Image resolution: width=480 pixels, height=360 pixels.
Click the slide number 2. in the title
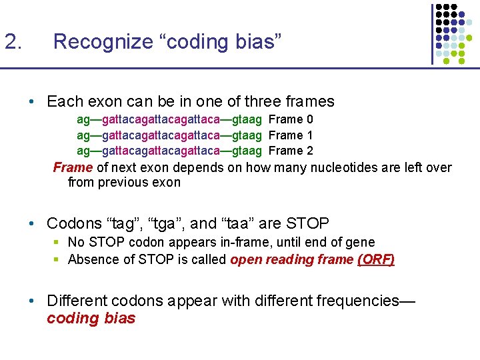(13, 42)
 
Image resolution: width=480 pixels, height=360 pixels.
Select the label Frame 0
(291, 119)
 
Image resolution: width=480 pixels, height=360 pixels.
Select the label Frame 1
(291, 135)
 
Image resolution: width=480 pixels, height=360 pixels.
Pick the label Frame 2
(291, 151)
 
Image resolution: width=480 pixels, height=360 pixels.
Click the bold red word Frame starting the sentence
(73, 167)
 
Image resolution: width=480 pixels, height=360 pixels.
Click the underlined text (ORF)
(376, 259)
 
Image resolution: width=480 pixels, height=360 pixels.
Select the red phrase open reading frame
(291, 259)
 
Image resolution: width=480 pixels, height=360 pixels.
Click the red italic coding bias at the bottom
(91, 318)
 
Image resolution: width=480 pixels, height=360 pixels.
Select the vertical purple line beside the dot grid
(432, 33)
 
